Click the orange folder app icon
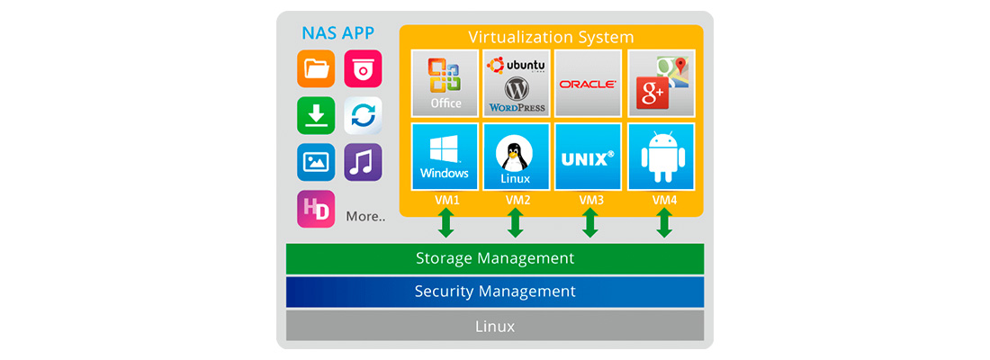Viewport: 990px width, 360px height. (316, 68)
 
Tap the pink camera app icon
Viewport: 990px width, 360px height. (363, 68)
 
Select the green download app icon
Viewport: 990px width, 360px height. (316, 115)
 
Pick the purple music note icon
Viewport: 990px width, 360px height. (363, 162)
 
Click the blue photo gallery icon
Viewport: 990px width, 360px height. (316, 162)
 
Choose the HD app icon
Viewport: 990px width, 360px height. (316, 209)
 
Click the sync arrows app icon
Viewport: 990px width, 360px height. (363, 115)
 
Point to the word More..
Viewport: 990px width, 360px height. (365, 217)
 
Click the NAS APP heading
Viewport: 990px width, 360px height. (337, 34)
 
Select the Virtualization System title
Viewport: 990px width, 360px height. (551, 38)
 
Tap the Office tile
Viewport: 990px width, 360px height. (445, 83)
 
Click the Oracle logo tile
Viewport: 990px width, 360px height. (588, 83)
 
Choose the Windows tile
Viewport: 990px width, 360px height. (445, 157)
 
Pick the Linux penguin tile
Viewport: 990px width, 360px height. (516, 157)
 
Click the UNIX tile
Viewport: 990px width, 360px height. (588, 157)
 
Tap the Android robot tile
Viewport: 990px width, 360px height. (661, 157)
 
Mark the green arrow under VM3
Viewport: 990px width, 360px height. (589, 223)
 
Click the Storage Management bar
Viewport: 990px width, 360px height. (494, 258)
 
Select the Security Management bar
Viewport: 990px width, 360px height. (494, 292)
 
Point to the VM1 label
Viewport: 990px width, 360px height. (445, 200)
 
